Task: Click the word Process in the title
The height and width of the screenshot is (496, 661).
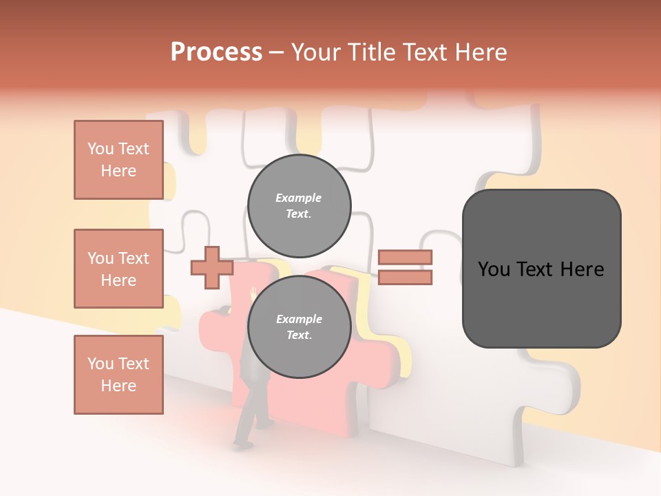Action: [x=216, y=52]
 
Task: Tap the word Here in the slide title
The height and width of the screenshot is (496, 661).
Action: [x=476, y=52]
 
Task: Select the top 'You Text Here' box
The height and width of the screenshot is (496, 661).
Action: [x=118, y=160]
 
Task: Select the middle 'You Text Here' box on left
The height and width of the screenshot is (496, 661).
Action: [x=118, y=269]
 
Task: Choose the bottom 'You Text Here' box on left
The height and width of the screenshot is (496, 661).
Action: [x=118, y=375]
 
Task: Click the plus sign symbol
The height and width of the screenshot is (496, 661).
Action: [x=211, y=267]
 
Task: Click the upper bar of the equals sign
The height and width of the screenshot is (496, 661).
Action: [x=405, y=258]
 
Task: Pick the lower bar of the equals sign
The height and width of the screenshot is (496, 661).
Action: [x=405, y=278]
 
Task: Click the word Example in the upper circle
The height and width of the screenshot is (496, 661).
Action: [x=298, y=198]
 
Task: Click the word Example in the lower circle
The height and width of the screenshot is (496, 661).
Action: [x=299, y=319]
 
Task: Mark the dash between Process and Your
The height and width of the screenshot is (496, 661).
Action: [x=276, y=52]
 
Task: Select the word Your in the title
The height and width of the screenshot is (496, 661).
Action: [x=315, y=52]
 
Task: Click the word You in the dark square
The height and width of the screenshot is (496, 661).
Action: [x=494, y=269]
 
